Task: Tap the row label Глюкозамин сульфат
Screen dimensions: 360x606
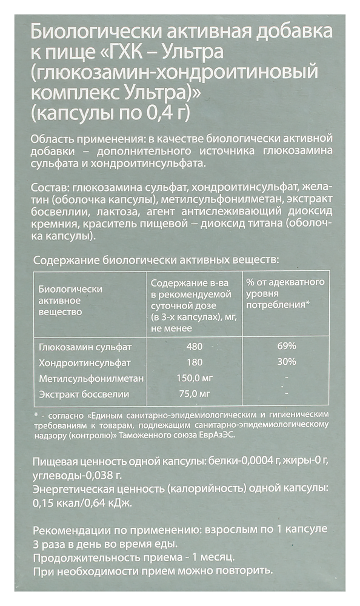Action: click(85, 347)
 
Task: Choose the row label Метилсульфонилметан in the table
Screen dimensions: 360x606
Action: click(91, 379)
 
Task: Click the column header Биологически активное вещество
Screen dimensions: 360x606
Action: click(70, 301)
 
